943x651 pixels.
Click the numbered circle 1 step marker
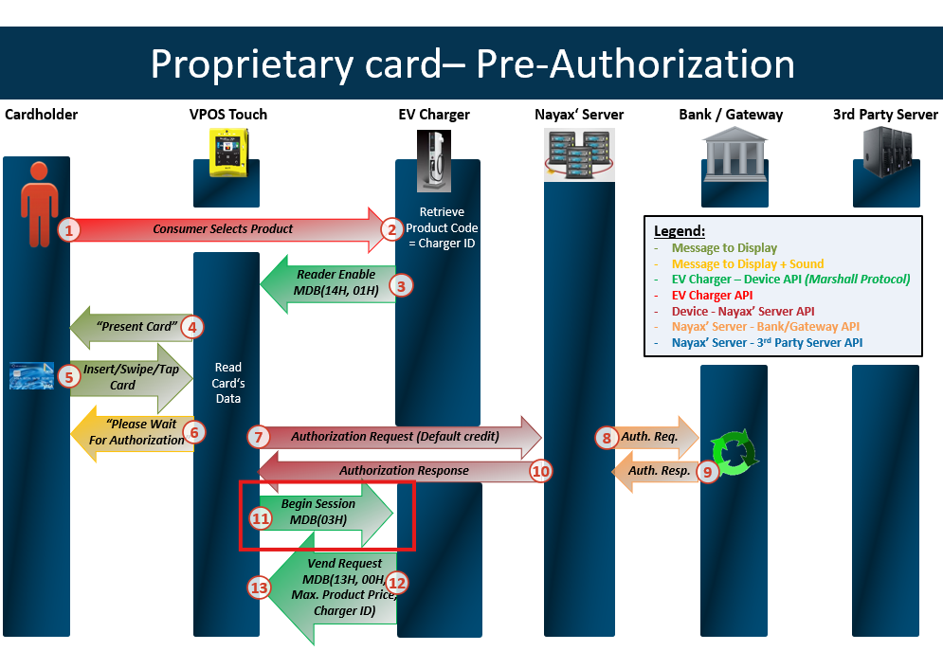tap(68, 229)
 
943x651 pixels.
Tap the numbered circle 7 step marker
tap(259, 437)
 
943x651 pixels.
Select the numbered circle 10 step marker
tap(540, 470)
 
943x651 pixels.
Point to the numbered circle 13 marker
tap(259, 588)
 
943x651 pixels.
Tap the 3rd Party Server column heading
tap(885, 115)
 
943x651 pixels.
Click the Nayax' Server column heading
tap(579, 115)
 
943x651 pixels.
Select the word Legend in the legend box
tap(680, 231)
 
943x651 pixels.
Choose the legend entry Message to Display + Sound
tap(748, 263)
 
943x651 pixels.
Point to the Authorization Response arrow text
tap(404, 470)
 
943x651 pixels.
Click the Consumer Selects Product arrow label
tap(223, 229)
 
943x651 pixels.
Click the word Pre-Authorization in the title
tap(635, 64)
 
